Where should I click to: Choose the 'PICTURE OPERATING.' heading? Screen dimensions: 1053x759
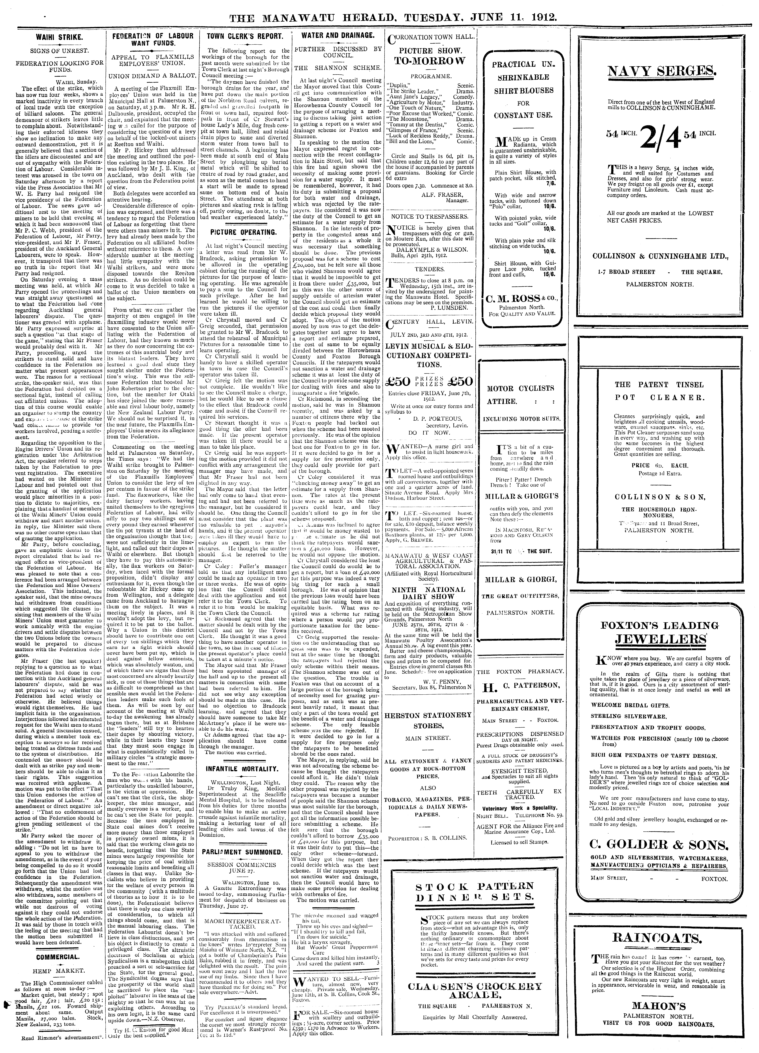click(244, 232)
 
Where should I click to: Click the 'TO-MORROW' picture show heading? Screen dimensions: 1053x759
click(429, 61)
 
